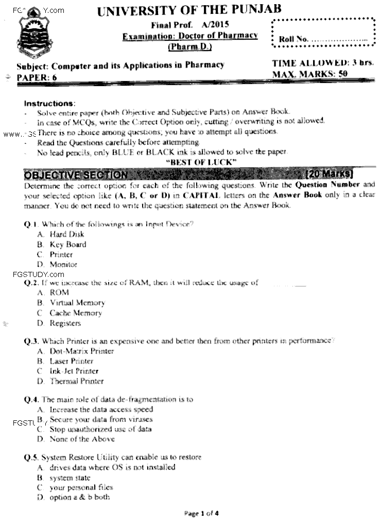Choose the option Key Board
[67, 244]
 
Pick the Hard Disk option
[66, 234]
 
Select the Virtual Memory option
[77, 303]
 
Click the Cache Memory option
[76, 313]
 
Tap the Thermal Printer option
[76, 381]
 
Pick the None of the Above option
[82, 439]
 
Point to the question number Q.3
[31, 341]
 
